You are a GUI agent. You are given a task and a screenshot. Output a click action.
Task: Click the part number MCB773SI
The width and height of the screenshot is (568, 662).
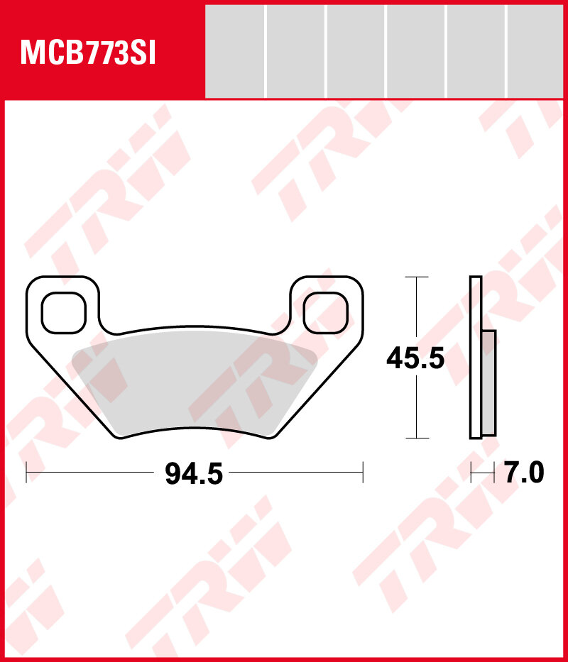88,53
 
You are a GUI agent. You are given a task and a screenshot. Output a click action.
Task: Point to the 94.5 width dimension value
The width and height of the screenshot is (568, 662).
194,473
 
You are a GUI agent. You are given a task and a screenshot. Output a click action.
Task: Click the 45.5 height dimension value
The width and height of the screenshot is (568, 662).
415,359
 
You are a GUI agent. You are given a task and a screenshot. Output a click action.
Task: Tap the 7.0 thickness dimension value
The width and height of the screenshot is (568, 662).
524,473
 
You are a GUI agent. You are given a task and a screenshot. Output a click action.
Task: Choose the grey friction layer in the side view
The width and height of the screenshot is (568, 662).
488,383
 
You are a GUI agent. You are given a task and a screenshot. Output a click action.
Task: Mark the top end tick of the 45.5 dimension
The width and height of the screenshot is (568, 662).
416,277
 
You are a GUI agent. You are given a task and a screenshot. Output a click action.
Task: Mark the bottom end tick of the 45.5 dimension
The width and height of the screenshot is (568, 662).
416,438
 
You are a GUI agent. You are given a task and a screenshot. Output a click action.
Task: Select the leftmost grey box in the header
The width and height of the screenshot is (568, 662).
235,51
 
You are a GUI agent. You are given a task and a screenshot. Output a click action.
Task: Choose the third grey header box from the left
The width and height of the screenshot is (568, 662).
356,51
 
